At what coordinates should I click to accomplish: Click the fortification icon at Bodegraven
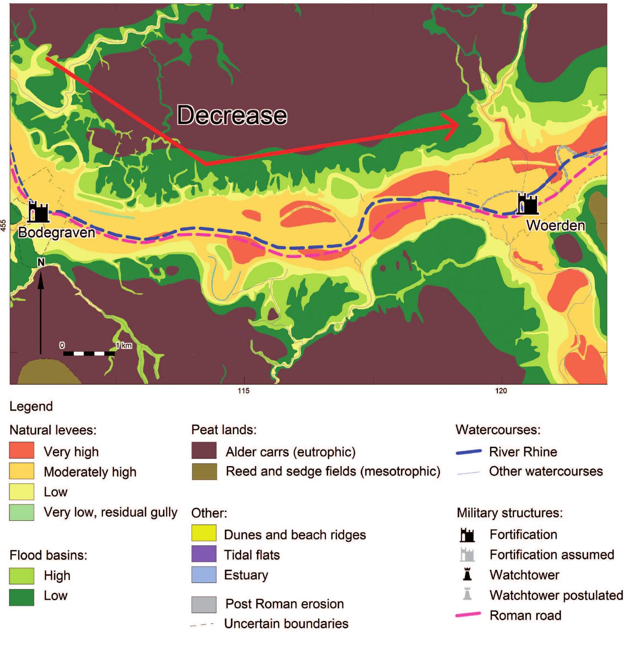38,211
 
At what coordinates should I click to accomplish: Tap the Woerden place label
555,226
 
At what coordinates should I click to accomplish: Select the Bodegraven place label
56,232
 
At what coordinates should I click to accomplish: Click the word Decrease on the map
232,115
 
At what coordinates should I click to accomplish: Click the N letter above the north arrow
41,262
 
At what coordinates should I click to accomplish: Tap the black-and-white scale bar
89,354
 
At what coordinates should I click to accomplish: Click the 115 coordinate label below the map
243,391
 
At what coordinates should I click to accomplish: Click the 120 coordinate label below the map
501,391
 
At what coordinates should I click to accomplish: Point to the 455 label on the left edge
4,225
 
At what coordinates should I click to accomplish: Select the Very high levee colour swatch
21,451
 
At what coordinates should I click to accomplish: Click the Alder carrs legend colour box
204,451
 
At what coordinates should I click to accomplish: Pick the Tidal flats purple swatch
204,554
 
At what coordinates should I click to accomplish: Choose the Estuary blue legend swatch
204,575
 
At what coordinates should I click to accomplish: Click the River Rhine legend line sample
469,452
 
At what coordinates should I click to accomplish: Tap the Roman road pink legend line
469,615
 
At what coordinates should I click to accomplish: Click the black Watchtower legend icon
467,575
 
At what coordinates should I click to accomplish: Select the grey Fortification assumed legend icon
467,554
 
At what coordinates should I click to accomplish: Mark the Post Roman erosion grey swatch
204,604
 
